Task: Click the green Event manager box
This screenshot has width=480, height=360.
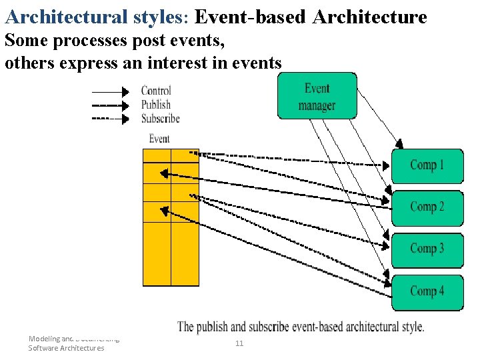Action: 317,96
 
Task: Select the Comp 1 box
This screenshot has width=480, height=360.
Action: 427,165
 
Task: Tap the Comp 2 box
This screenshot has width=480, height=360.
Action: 427,207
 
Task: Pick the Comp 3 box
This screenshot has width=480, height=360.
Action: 427,249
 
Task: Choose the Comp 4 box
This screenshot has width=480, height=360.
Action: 427,291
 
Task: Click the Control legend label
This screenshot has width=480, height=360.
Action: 156,91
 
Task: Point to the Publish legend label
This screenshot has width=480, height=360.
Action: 156,105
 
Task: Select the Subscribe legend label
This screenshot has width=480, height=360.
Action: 160,119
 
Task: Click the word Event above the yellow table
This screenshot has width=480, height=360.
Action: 159,139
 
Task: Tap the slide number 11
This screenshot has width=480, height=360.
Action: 239,343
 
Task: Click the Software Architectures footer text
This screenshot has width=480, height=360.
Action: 66,348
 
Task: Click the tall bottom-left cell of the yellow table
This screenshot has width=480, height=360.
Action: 157,253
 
